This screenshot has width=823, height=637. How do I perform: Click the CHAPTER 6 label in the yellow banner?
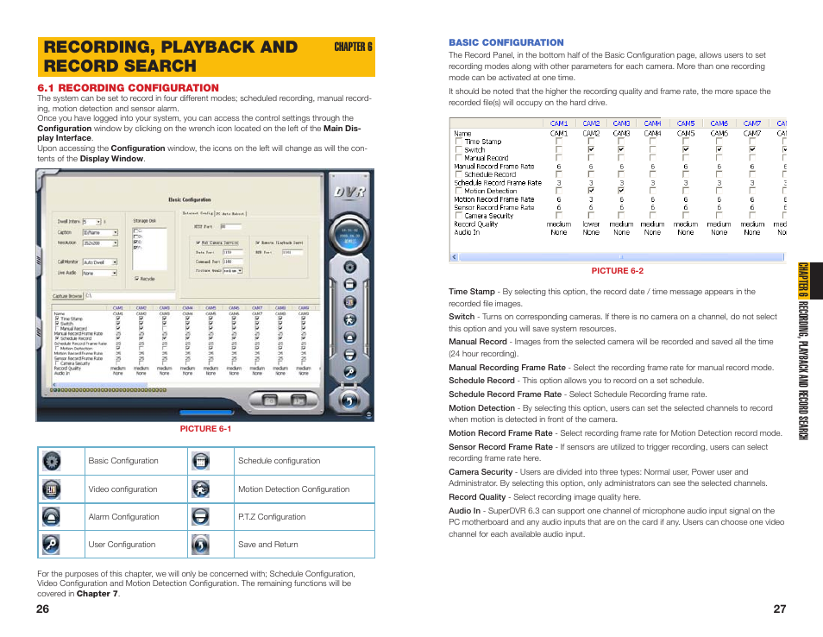click(353, 47)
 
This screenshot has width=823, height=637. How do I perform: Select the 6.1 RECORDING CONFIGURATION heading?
click(128, 88)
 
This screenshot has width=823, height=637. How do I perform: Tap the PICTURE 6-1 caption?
click(205, 429)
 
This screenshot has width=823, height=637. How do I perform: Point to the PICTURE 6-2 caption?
click(617, 270)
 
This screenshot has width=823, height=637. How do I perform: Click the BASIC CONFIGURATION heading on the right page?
click(506, 42)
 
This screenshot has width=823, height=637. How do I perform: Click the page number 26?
click(43, 609)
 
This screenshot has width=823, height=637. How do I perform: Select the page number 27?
click(779, 609)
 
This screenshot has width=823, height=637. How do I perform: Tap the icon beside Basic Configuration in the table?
click(52, 461)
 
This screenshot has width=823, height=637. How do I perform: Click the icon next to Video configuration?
click(52, 489)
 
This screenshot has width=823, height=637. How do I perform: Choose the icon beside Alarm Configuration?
click(52, 517)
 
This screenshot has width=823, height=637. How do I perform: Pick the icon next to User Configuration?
click(52, 545)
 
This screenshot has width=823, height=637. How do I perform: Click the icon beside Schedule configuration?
click(200, 461)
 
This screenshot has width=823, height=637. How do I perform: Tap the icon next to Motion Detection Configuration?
click(200, 489)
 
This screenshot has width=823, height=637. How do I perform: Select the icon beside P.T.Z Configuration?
click(200, 517)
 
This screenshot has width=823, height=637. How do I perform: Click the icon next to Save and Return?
click(200, 545)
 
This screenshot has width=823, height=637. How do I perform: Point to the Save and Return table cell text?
click(267, 545)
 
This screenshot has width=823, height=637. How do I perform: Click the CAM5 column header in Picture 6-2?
click(686, 123)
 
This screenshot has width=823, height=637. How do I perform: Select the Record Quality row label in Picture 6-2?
click(476, 224)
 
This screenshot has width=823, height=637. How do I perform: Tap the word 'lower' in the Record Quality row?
click(591, 224)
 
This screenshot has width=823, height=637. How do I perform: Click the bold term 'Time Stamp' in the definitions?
click(472, 292)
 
